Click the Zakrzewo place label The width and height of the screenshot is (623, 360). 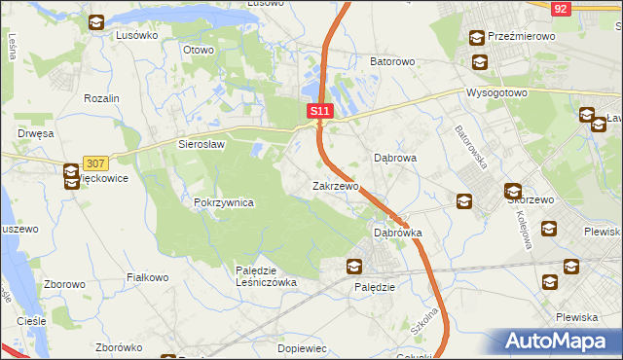[x=336, y=185]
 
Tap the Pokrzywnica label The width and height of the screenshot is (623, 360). [x=224, y=202]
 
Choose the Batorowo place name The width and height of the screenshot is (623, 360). [x=392, y=61]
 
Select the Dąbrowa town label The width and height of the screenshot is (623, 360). [x=396, y=157]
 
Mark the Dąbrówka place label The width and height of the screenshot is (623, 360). [x=398, y=234]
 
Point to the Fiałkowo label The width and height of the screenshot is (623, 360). [x=149, y=277]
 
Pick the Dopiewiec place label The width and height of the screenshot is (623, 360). [x=301, y=347]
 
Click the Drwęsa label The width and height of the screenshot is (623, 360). [x=34, y=132]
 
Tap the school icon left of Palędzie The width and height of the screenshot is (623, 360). [x=355, y=267]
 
